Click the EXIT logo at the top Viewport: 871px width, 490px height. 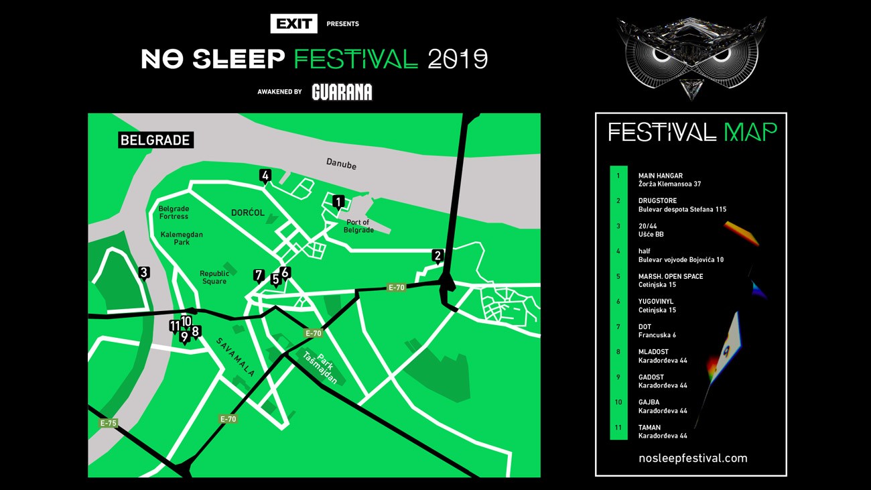[x=293, y=23]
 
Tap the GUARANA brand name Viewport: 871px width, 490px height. [x=342, y=92]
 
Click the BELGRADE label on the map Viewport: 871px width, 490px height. [x=155, y=140]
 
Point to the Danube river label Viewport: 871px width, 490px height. [x=341, y=164]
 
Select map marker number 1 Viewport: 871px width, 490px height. [x=338, y=202]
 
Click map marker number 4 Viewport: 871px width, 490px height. [x=265, y=176]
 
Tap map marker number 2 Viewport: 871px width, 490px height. [x=438, y=255]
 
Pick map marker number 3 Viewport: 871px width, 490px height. [x=143, y=273]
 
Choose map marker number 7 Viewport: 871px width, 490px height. [x=259, y=275]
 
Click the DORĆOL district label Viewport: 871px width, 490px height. [x=248, y=212]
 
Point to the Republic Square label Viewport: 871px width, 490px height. [x=214, y=278]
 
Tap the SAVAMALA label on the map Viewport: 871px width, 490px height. [x=235, y=357]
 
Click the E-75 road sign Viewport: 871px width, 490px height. [x=109, y=423]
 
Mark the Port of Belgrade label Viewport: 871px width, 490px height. [x=359, y=227]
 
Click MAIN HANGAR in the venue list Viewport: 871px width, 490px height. [x=660, y=176]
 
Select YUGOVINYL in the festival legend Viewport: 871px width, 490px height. [x=655, y=302]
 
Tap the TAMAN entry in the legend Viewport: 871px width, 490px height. [x=649, y=427]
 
